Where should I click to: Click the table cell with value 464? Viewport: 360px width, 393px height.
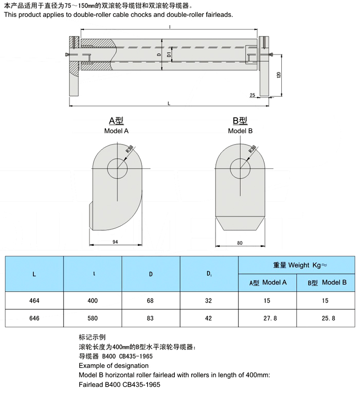pos(34,301)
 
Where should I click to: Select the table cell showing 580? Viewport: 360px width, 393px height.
pos(92,318)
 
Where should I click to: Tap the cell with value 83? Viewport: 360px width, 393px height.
pos(150,318)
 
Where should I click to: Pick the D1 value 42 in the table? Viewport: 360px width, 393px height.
pos(208,318)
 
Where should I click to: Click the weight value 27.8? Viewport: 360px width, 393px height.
pos(267,318)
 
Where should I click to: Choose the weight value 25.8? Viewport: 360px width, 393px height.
pos(326,318)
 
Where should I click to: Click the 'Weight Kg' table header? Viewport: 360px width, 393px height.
pos(296,265)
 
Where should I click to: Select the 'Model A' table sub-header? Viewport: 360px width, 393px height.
pos(267,282)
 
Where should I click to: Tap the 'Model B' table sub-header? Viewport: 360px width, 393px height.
pos(326,282)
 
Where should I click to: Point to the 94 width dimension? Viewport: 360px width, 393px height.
pos(116,241)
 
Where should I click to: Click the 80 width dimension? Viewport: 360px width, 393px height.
pos(240,241)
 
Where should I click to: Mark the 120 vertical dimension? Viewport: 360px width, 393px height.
pos(278,75)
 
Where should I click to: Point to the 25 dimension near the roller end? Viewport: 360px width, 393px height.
pos(252,95)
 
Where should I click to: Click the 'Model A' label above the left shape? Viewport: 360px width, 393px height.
pos(116,131)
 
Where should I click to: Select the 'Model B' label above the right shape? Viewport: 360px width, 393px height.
pos(240,131)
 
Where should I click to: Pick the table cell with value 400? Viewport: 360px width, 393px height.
pos(92,301)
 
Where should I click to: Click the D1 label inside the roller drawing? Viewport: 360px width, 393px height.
pos(169,54)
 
